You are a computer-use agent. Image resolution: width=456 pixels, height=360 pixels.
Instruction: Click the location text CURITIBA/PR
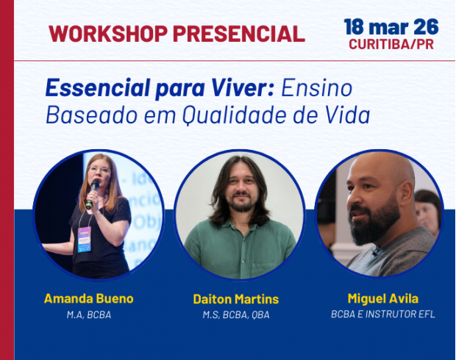391,45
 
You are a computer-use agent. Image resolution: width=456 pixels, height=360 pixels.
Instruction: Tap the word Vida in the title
348,115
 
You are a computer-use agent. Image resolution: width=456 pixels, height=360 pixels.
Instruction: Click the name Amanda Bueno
88,299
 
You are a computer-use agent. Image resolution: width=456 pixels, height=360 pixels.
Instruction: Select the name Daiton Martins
236,300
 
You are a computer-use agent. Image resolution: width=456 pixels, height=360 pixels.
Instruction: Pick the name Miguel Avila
382,298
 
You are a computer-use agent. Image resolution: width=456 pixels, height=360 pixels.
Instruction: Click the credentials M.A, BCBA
88,315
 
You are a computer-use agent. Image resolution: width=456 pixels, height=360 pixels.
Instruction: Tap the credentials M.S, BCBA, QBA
236,315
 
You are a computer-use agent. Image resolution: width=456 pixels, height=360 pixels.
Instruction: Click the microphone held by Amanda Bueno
93,190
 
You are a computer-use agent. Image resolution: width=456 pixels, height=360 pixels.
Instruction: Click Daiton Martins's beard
241,206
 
